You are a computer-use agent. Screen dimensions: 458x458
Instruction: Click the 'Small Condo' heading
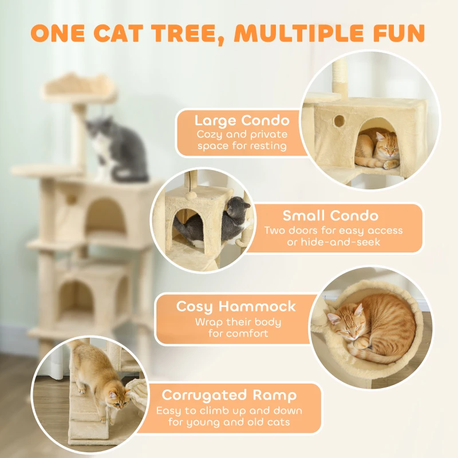point(330,216)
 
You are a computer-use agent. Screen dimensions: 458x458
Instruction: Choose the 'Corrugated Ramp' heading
point(229,395)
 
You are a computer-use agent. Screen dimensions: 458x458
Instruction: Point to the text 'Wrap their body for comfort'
point(238,327)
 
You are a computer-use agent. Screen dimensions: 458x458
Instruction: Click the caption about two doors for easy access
point(333,236)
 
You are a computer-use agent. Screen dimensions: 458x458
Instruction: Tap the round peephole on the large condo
point(339,121)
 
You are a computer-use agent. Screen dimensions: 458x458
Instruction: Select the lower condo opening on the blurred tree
point(77,298)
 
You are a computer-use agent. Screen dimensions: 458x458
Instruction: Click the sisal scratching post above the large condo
point(339,77)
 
